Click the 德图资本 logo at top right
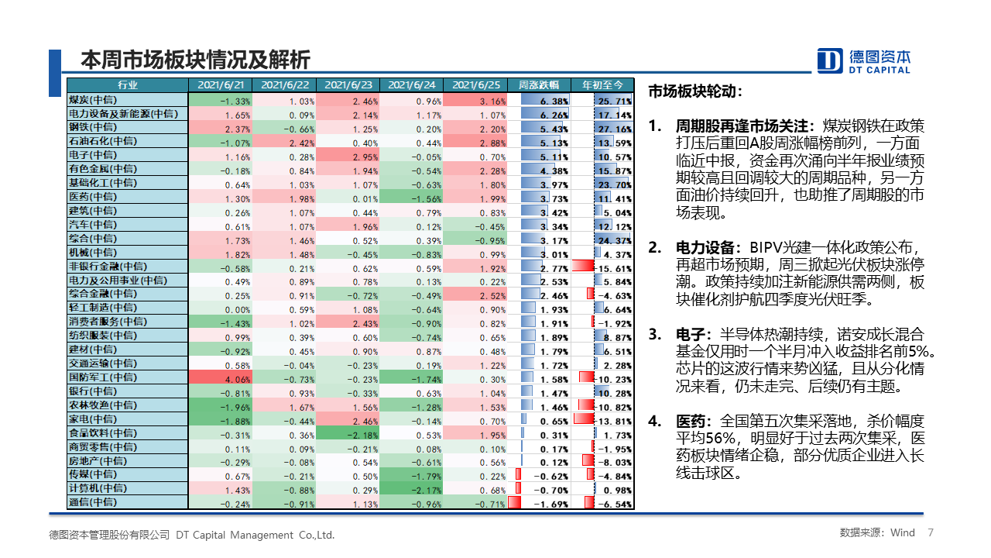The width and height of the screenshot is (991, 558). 864,60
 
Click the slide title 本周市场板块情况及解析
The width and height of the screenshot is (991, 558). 195,60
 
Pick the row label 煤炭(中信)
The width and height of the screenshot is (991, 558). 92,101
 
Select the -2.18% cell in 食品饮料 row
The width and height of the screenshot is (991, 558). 348,435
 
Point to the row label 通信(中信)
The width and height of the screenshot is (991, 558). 92,502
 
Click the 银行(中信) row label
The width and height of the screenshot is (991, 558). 92,391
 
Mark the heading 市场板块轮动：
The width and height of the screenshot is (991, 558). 694,91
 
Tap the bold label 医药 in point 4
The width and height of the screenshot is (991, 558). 691,422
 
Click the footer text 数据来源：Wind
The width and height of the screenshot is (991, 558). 877,533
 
